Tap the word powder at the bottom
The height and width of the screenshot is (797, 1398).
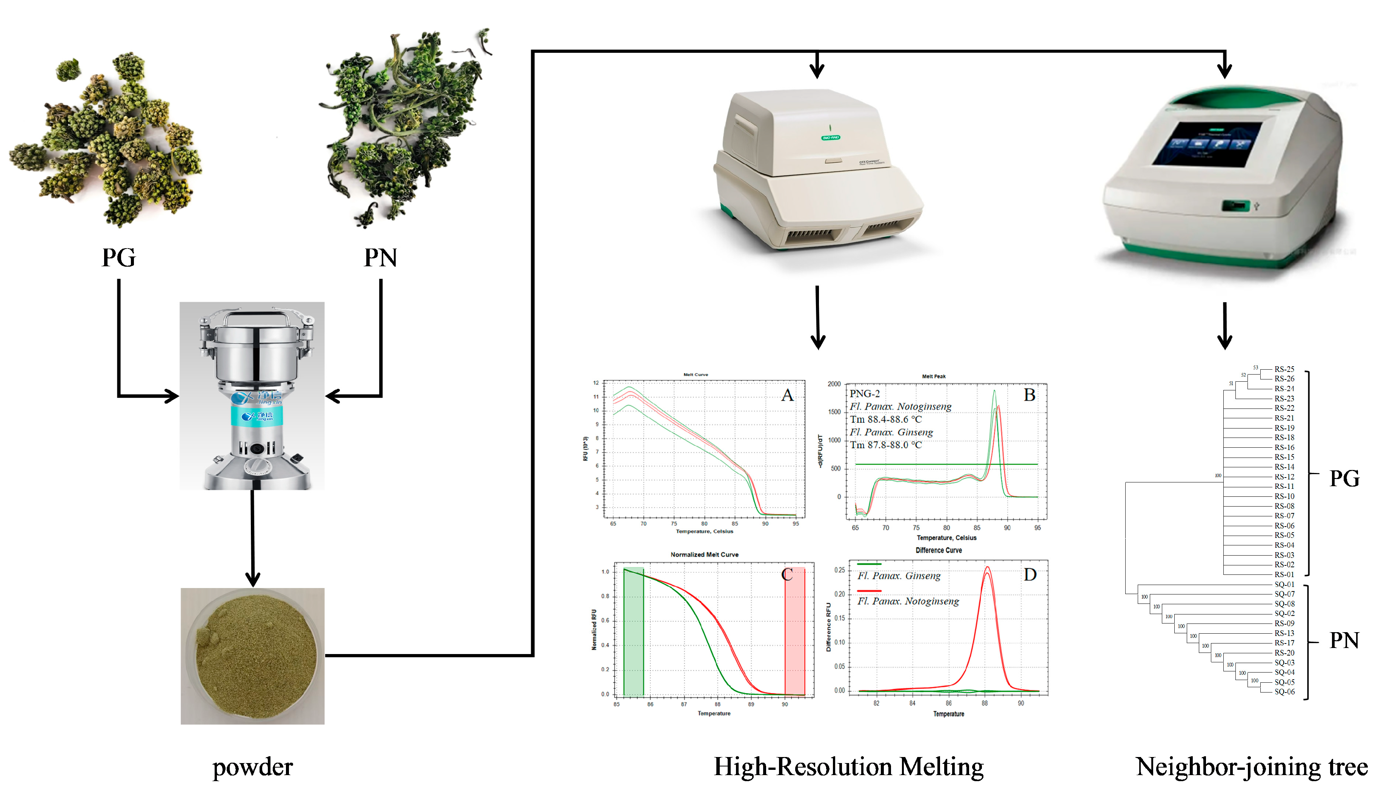(x=252, y=767)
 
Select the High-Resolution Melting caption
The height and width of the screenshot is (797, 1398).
(x=848, y=766)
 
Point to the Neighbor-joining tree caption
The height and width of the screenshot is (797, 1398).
(x=1252, y=766)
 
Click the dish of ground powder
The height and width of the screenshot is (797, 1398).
(x=252, y=656)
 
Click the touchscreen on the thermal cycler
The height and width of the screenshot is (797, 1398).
(x=1207, y=144)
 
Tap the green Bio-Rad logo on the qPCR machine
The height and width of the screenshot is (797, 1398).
(x=830, y=137)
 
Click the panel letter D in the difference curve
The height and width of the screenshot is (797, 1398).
(x=1029, y=575)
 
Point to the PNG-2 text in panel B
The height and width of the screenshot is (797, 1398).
(x=865, y=393)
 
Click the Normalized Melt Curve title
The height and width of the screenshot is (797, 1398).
(x=705, y=554)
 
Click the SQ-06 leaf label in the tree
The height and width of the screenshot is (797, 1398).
(x=1284, y=692)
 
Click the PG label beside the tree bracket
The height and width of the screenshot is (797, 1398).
(x=1344, y=478)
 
